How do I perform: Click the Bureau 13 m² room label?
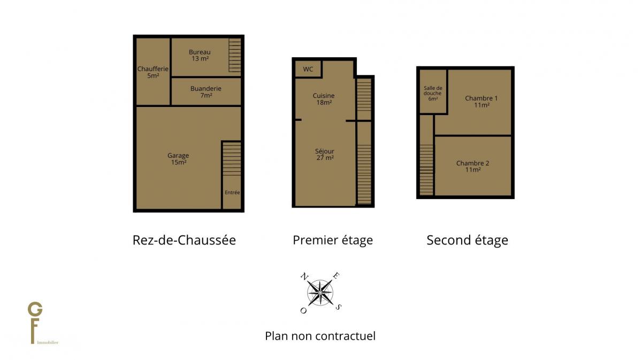tap(200, 55)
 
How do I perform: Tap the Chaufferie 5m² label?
tap(153, 72)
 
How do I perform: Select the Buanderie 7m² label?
tap(206, 91)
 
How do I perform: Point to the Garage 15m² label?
tap(178, 159)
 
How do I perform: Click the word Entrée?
tap(232, 193)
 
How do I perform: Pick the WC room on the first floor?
tap(308, 69)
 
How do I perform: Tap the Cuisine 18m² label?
tap(324, 99)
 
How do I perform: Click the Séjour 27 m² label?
tap(324, 154)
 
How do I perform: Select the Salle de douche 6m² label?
tap(433, 93)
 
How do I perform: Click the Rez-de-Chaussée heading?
tap(184, 240)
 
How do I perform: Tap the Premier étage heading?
tap(333, 240)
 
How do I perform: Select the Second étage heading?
tap(467, 240)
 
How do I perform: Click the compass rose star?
tap(320, 293)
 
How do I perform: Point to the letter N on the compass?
tap(304, 276)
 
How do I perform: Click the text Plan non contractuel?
tap(320, 336)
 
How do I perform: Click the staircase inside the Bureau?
tap(235, 55)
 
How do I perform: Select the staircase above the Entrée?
tap(232, 159)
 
